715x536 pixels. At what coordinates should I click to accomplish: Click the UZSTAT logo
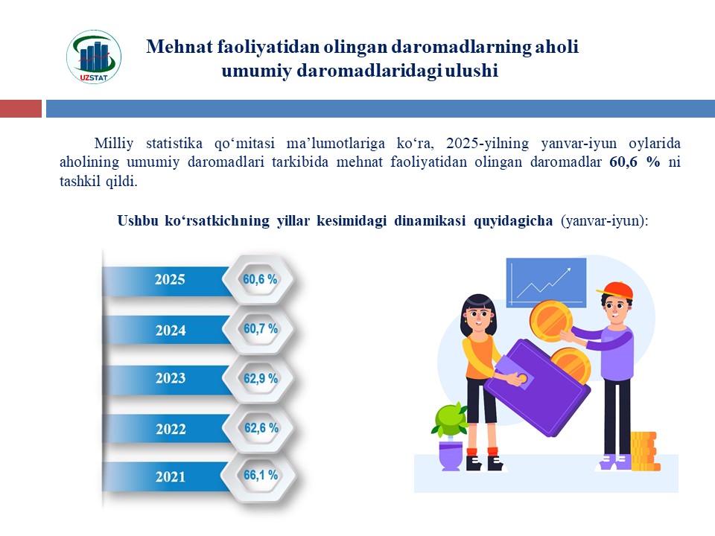[94, 57]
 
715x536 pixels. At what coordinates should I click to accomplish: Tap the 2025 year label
[170, 279]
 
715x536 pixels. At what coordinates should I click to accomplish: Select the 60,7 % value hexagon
[260, 328]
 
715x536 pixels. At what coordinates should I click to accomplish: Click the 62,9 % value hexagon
[260, 378]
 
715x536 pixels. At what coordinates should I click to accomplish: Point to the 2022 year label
[171, 429]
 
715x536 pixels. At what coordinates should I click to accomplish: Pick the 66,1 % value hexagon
[260, 476]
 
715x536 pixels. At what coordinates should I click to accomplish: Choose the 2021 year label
[170, 476]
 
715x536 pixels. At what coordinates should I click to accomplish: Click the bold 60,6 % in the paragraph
[635, 162]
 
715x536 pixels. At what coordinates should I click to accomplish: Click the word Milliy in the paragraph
[113, 143]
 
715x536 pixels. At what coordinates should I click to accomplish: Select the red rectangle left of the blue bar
[21, 109]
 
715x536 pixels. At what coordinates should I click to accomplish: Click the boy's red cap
[616, 290]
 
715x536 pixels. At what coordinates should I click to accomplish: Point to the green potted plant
[450, 435]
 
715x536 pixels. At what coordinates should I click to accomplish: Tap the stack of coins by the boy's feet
[645, 451]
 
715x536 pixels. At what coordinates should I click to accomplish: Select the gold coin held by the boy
[550, 320]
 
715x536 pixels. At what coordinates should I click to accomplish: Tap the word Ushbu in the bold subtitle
[137, 220]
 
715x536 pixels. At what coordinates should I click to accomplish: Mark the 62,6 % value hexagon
[260, 428]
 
